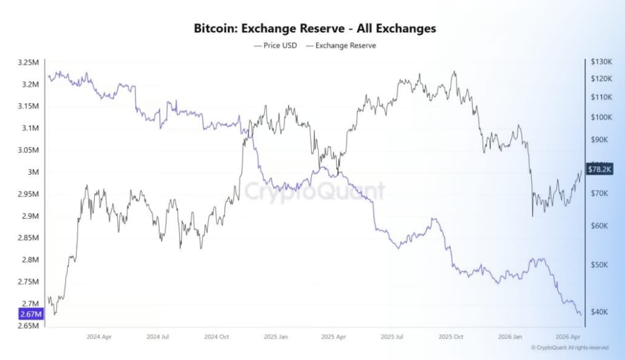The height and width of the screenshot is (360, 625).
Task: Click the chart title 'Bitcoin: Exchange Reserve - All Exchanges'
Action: tap(315, 29)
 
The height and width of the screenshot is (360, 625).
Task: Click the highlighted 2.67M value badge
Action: tap(31, 314)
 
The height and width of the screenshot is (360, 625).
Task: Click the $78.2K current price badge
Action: tap(600, 169)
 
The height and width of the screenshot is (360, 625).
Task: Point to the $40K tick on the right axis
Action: tap(600, 312)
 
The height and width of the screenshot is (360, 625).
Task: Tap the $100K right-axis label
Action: tap(601, 117)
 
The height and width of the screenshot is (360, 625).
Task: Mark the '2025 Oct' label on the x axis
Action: tap(451, 338)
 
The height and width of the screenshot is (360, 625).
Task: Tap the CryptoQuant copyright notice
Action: tap(569, 348)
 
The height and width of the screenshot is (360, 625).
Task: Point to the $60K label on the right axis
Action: tap(600, 226)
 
